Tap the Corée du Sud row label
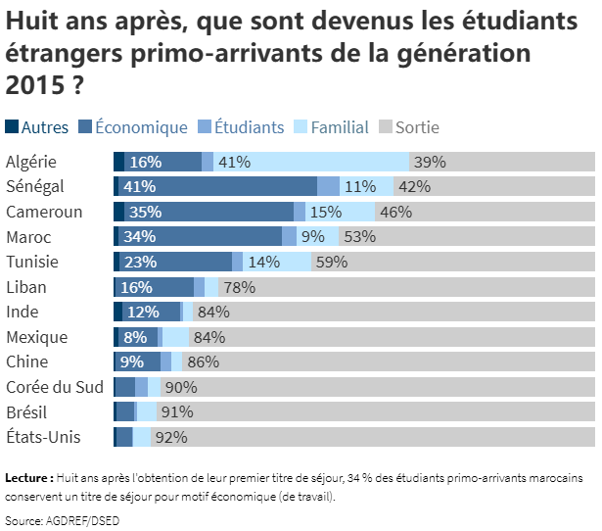pyautogui.click(x=55, y=387)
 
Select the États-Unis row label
pyautogui.click(x=43, y=437)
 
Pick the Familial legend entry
pyautogui.click(x=339, y=127)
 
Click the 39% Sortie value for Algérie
pyautogui.click(x=429, y=162)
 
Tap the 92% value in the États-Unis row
pyautogui.click(x=170, y=438)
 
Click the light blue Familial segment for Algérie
pyautogui.click(x=323, y=162)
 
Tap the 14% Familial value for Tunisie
pyautogui.click(x=263, y=263)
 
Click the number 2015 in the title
pyautogui.click(x=31, y=85)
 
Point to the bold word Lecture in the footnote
pyautogui.click(x=28, y=479)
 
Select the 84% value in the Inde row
pyautogui.click(x=212, y=313)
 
